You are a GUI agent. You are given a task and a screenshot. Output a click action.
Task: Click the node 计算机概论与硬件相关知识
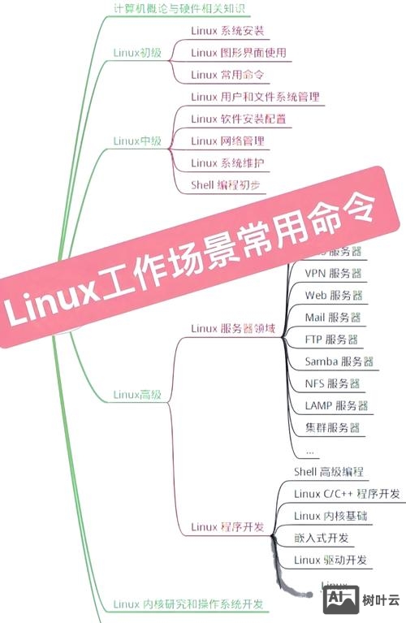tap(179, 10)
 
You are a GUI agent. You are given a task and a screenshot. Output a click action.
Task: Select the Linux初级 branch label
tap(137, 53)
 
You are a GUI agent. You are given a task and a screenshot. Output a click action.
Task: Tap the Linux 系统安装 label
tap(227, 32)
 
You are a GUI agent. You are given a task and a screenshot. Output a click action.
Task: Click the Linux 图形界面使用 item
tap(239, 53)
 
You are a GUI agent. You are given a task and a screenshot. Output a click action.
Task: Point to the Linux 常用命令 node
tap(228, 75)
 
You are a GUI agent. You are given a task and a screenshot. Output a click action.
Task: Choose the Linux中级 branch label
tap(137, 141)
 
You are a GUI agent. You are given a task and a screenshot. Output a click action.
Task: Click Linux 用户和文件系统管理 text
tap(255, 97)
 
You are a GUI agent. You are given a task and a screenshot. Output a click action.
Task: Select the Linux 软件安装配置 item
tap(238, 119)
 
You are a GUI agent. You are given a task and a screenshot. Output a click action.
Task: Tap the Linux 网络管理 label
tap(227, 141)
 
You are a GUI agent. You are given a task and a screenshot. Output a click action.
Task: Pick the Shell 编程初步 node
tap(227, 184)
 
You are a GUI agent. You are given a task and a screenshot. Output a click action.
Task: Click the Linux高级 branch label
tap(137, 395)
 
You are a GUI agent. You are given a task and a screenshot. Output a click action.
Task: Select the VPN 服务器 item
tap(333, 273)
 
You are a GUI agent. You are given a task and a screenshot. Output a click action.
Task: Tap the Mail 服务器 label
tap(333, 317)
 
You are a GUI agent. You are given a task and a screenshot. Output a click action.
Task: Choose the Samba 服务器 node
tap(339, 361)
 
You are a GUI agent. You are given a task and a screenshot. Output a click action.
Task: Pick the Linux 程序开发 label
tap(227, 527)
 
